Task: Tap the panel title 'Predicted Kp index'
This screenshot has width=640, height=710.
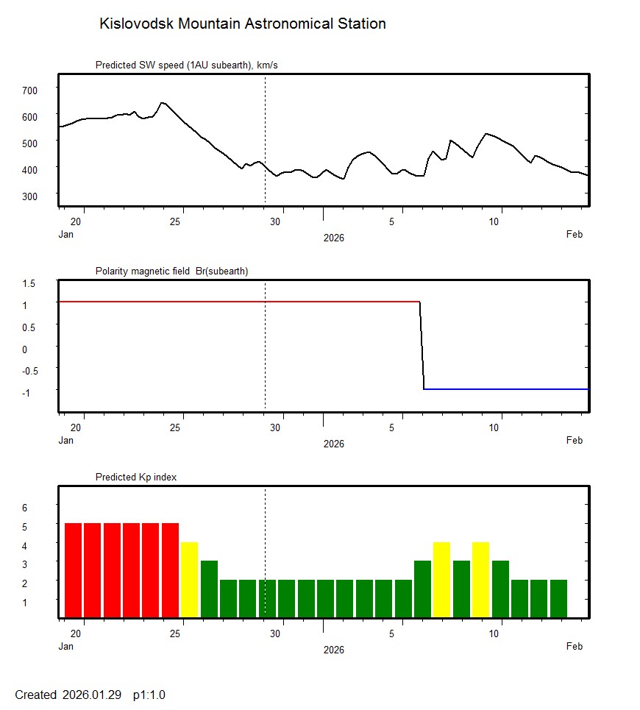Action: point(136,477)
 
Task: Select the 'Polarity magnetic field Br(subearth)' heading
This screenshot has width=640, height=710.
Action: point(171,271)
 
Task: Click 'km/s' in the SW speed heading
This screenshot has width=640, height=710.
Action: point(266,65)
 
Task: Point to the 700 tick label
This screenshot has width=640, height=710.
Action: point(29,90)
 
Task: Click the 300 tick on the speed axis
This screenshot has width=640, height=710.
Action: point(29,196)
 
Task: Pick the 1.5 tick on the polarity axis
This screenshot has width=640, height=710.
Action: point(29,283)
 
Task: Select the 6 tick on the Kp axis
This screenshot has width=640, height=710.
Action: point(24,508)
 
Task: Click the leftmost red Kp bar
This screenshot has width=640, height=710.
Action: point(73,569)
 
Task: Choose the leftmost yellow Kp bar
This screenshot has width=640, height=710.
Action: point(189,579)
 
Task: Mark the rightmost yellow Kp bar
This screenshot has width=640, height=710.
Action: point(480,579)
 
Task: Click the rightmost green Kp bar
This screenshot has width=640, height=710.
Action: point(558,598)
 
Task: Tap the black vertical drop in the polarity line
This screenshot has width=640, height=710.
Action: point(422,346)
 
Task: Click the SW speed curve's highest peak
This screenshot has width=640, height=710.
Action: point(163,103)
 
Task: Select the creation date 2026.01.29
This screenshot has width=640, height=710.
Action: point(92,695)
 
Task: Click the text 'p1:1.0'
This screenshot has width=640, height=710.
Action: point(149,695)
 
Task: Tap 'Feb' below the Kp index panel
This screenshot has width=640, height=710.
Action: point(575,647)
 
